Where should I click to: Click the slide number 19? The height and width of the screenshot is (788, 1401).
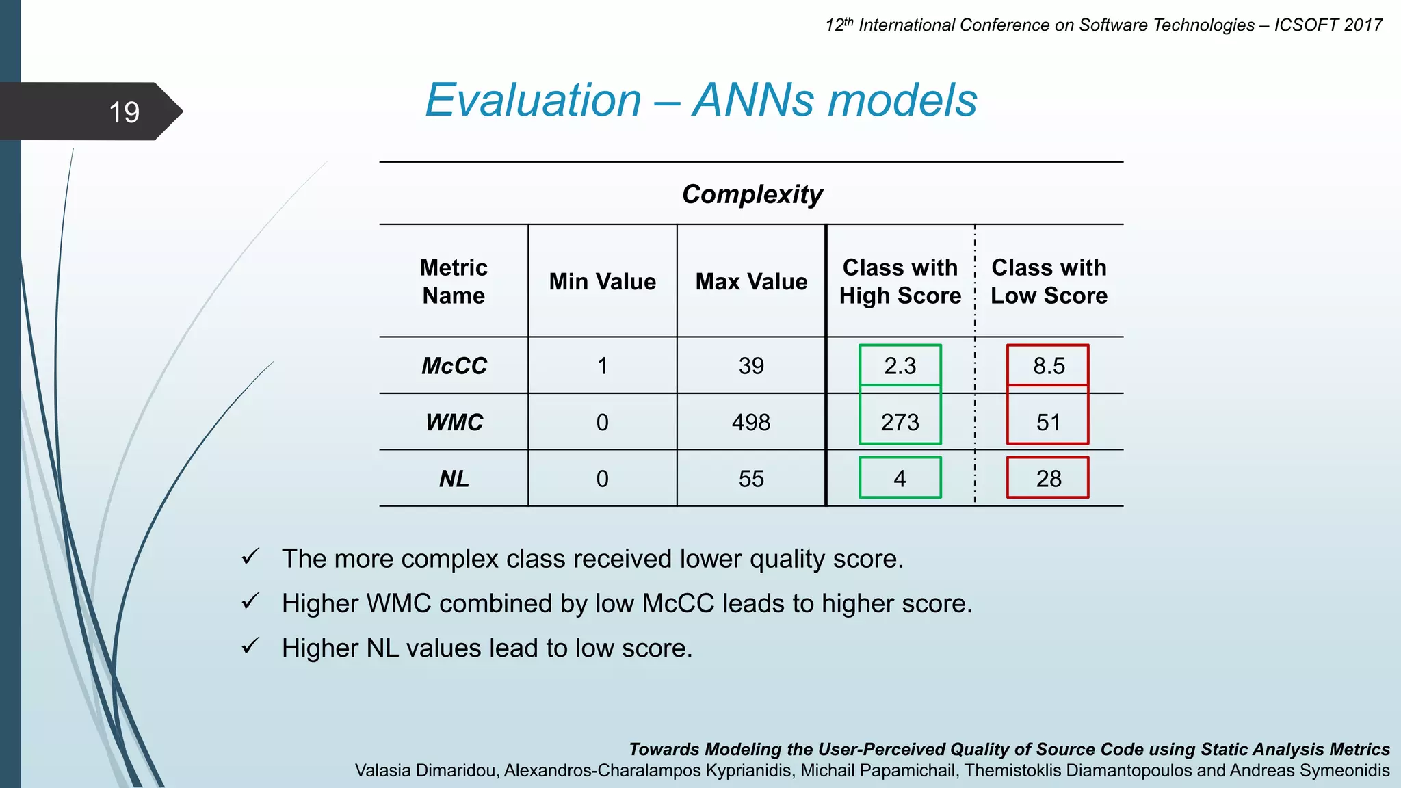pos(124,112)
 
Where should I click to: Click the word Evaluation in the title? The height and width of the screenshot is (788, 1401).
pos(533,101)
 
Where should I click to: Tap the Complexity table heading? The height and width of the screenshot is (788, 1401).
pos(752,194)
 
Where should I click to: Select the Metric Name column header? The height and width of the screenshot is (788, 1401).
pos(454,281)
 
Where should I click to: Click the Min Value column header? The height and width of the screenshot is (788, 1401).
pos(602,282)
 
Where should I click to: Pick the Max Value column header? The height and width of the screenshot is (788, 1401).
pos(751,282)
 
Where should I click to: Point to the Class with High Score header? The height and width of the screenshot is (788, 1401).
pos(900,281)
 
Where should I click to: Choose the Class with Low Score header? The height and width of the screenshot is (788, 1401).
pos(1049,281)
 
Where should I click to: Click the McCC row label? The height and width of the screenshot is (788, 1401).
pos(454,366)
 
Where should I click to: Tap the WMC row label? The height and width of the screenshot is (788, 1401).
pos(454,422)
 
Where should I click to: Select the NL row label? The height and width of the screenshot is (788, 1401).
pos(454,479)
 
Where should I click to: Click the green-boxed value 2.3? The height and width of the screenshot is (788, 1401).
pos(900,366)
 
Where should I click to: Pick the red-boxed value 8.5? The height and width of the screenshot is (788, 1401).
pos(1049,366)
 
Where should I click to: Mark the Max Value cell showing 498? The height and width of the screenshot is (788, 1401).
pos(751,422)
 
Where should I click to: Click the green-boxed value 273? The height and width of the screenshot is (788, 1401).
pos(900,422)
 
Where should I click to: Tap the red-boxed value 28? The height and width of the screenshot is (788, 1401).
pos(1048,479)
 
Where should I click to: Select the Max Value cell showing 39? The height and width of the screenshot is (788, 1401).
pos(751,366)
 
